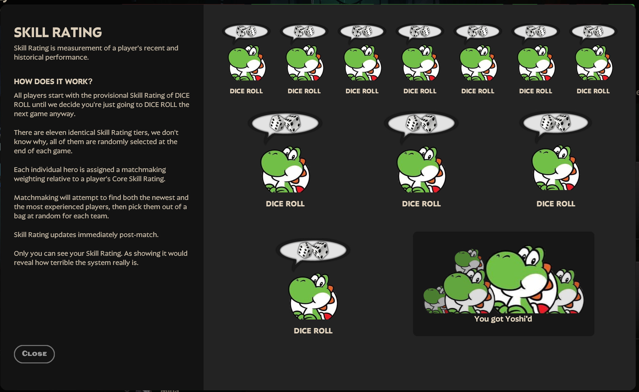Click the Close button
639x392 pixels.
click(34, 354)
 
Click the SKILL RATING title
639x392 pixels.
click(58, 33)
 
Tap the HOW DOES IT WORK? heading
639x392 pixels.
click(53, 82)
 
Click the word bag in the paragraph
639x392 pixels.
click(19, 216)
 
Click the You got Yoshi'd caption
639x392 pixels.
click(503, 319)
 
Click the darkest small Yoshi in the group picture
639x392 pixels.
click(433, 298)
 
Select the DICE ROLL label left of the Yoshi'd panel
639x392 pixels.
click(313, 331)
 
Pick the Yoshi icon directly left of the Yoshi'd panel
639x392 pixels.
click(313, 296)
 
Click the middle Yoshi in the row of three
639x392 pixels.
click(421, 170)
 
